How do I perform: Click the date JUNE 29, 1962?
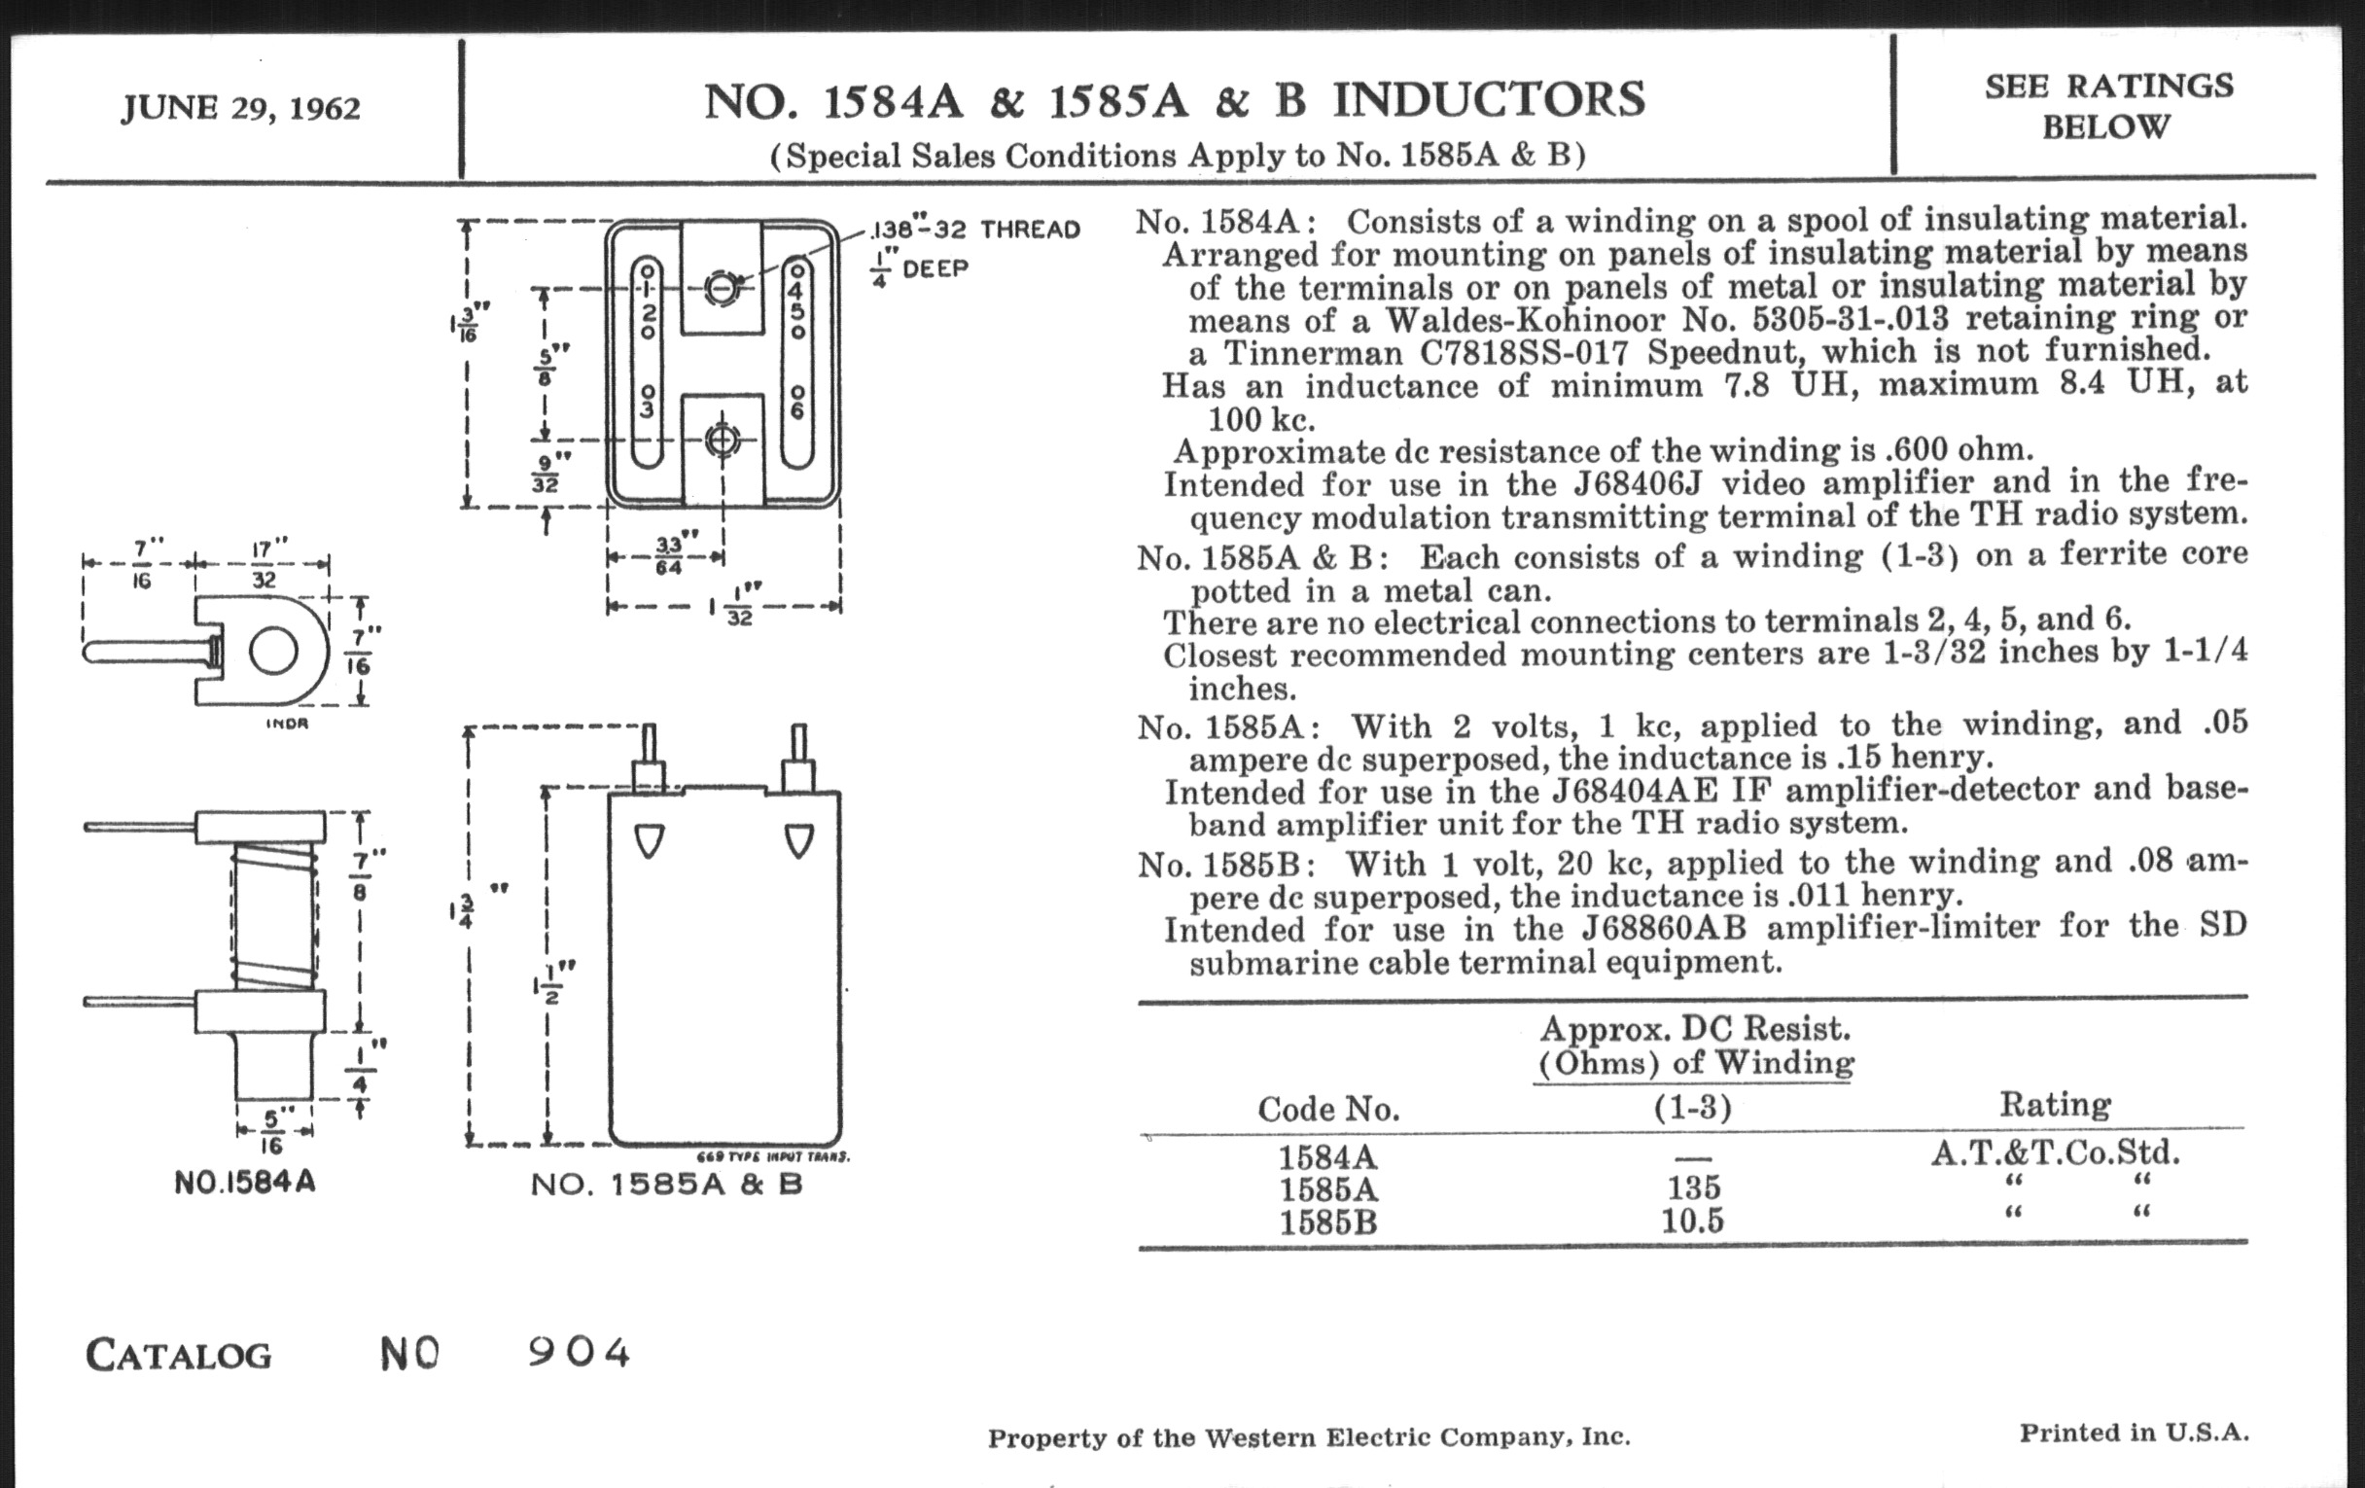click(x=240, y=107)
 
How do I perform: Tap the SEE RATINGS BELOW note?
click(x=2107, y=106)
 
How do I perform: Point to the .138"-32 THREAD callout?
click(x=975, y=230)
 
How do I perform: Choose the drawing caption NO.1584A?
click(x=244, y=1182)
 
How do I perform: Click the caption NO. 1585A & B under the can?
click(x=667, y=1185)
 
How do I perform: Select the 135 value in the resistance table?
click(x=1693, y=1188)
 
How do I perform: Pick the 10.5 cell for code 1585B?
click(x=1692, y=1222)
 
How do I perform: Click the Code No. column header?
click(x=1327, y=1109)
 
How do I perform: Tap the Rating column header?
click(x=2055, y=1105)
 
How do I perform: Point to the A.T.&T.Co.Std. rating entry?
click(x=2055, y=1153)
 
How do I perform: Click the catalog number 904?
click(x=579, y=1354)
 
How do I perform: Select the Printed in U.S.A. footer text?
click(x=2134, y=1433)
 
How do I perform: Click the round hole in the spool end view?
click(x=273, y=652)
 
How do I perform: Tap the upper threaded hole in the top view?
click(x=723, y=289)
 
